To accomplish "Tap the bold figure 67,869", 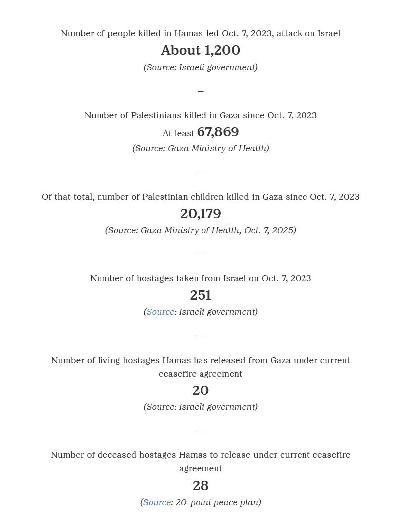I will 218,132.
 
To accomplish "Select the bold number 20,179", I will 201,214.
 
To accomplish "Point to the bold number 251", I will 201,295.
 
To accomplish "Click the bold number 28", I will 201,486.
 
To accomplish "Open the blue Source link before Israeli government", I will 160,312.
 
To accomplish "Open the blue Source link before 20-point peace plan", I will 157,502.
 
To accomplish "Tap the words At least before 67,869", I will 178,133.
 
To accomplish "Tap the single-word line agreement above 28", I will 201,468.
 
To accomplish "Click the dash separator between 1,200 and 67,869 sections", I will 201,91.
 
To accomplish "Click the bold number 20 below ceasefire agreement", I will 201,390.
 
